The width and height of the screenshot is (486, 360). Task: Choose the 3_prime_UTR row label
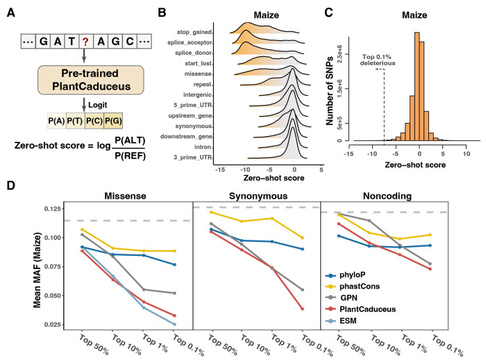(x=195, y=139)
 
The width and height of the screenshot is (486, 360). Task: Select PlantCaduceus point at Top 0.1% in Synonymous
(x=302, y=309)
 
